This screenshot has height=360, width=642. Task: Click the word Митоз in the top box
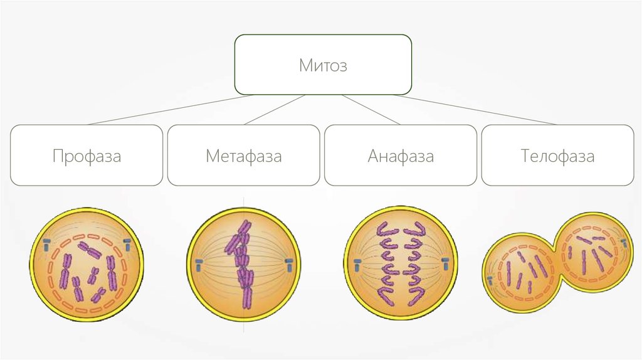coord(322,65)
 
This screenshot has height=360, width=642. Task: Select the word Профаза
coord(87,156)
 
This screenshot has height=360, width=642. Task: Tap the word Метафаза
coord(243,156)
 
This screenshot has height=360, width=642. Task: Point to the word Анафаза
coord(401,156)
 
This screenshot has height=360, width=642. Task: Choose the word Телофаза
coord(557,156)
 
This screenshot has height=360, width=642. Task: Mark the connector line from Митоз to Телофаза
coord(476,110)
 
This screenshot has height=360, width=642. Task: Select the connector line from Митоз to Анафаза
coord(370,110)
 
